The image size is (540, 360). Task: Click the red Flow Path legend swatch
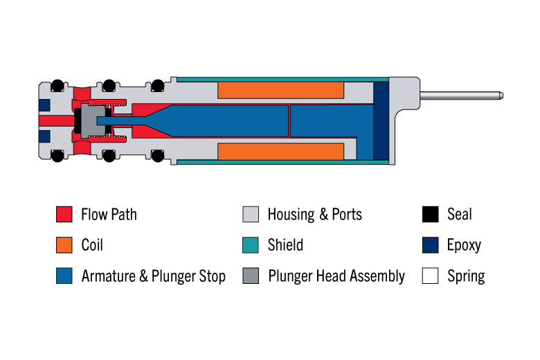[x=64, y=214]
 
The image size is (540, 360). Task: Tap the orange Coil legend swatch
[x=64, y=245]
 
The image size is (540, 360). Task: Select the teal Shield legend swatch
[x=251, y=245]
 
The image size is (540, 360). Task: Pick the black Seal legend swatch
[x=430, y=214]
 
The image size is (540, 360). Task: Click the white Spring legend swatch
[x=430, y=276]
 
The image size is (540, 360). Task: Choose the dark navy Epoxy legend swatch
[x=430, y=245]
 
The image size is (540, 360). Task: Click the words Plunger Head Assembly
[x=336, y=276]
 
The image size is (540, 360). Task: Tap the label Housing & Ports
[x=315, y=215]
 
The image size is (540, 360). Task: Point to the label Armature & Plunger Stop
[x=153, y=276]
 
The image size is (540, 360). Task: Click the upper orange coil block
[x=280, y=90]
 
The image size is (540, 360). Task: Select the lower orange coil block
[x=280, y=152]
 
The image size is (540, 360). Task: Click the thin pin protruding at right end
[x=462, y=96]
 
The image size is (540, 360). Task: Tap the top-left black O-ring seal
[x=57, y=85]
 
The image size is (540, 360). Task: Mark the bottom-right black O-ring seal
[x=158, y=156]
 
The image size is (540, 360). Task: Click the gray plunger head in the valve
[x=93, y=121]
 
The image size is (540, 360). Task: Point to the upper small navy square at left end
[x=44, y=105]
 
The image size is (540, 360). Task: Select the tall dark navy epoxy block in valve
[x=381, y=121]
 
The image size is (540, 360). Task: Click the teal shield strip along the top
[x=282, y=80]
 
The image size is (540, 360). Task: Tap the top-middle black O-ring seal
[x=109, y=85]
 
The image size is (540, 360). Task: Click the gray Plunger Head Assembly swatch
[x=251, y=276]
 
